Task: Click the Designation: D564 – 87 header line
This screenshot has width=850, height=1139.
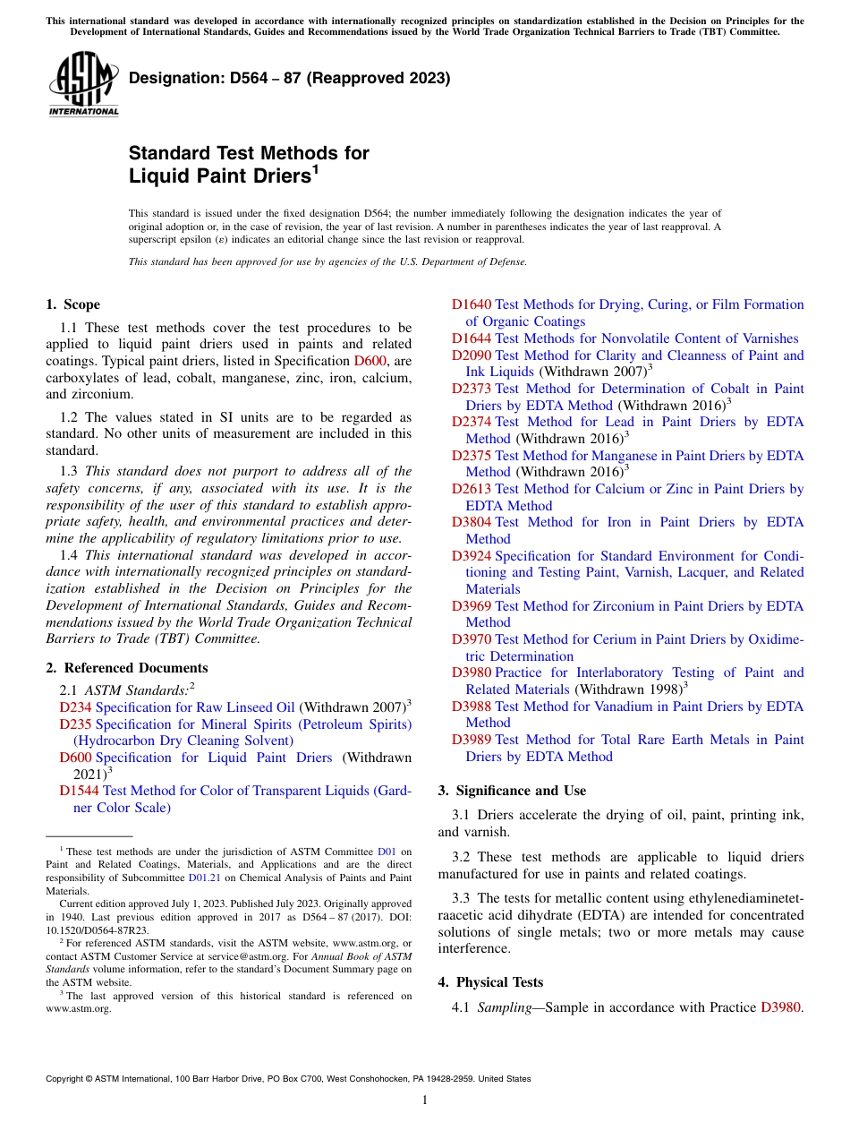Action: (289, 79)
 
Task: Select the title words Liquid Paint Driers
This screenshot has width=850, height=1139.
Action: (219, 176)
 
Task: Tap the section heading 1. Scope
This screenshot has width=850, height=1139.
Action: (73, 304)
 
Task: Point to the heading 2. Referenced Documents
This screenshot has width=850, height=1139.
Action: (127, 668)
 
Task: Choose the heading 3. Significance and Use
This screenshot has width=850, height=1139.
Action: (512, 791)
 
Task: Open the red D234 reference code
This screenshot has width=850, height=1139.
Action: (75, 707)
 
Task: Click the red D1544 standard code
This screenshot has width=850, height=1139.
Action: (79, 791)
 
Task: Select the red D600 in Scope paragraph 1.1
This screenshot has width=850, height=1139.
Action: (370, 361)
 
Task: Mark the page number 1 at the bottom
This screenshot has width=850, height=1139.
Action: (425, 1100)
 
